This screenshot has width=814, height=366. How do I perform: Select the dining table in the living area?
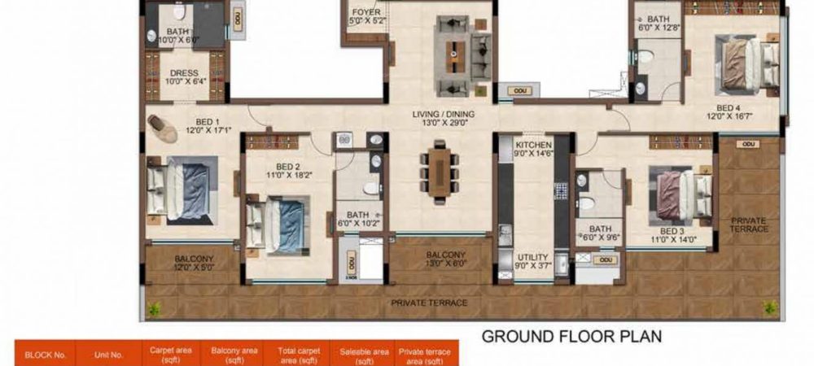tap(440, 170)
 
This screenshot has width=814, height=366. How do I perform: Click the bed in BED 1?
tap(182, 190)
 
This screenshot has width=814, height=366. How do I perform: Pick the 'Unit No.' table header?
tap(108, 355)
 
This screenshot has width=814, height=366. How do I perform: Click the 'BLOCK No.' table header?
tap(45, 355)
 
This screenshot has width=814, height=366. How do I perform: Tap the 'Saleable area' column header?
tap(362, 355)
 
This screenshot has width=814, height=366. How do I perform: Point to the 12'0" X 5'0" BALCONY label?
tap(194, 263)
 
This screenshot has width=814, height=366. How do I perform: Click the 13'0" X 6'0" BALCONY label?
tap(445, 259)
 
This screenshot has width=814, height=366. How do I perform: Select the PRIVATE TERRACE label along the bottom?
tap(429, 303)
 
